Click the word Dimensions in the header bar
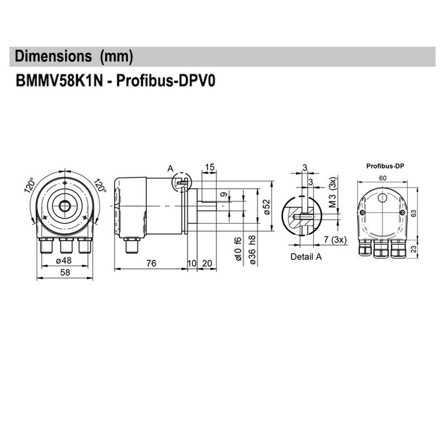[x=53, y=56]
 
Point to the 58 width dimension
[x=65, y=273]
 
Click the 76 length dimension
[x=151, y=263]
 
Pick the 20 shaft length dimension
[x=206, y=263]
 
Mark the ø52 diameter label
[x=266, y=206]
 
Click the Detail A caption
[x=306, y=257]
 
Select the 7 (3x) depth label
[x=335, y=240]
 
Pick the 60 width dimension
[x=383, y=178]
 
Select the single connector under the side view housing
[x=132, y=245]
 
